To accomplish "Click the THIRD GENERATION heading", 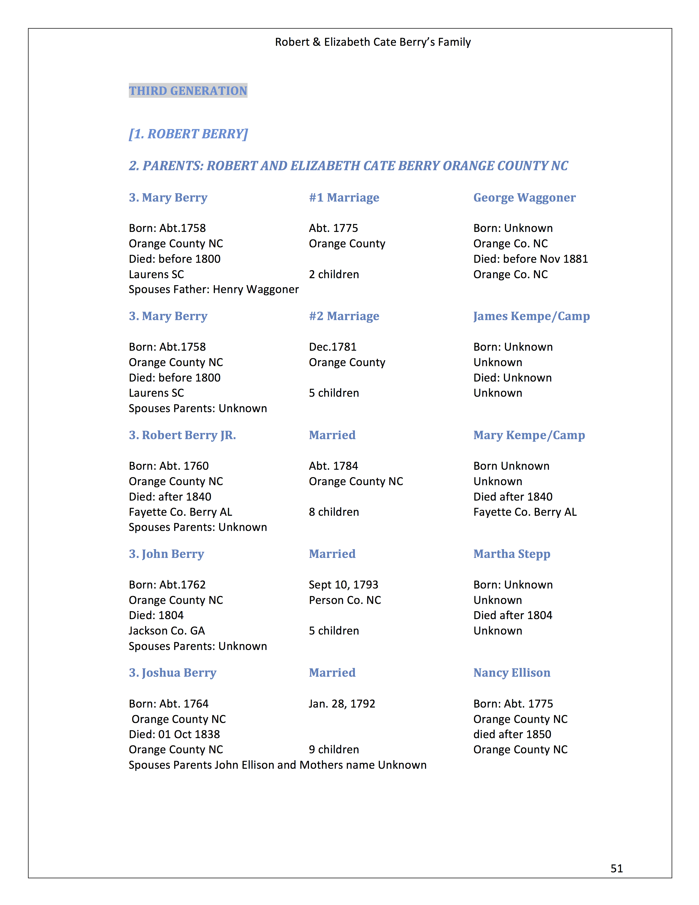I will pyautogui.click(x=188, y=91).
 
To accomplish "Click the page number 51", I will pyautogui.click(x=617, y=868).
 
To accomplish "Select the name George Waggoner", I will pyautogui.click(x=524, y=198).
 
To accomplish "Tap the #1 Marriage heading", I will pyautogui.click(x=344, y=198).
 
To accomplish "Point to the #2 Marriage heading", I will pyautogui.click(x=344, y=316).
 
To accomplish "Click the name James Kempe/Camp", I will pyautogui.click(x=531, y=316).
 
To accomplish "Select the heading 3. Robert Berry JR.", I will pyautogui.click(x=182, y=435).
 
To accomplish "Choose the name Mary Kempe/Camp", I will pyautogui.click(x=529, y=435).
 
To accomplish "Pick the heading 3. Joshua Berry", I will pyautogui.click(x=172, y=673).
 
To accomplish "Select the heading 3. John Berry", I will pyautogui.click(x=167, y=554).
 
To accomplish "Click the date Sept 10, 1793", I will pyautogui.click(x=343, y=585).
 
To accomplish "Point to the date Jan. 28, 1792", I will pyautogui.click(x=342, y=704).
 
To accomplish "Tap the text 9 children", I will pyautogui.click(x=334, y=750).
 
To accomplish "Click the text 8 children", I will pyautogui.click(x=334, y=512).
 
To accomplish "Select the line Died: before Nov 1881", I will pyautogui.click(x=530, y=259).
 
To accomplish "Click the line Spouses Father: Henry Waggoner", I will pyautogui.click(x=214, y=290).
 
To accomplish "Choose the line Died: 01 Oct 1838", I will pyautogui.click(x=174, y=734).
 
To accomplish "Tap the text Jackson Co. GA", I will pyautogui.click(x=167, y=631).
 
